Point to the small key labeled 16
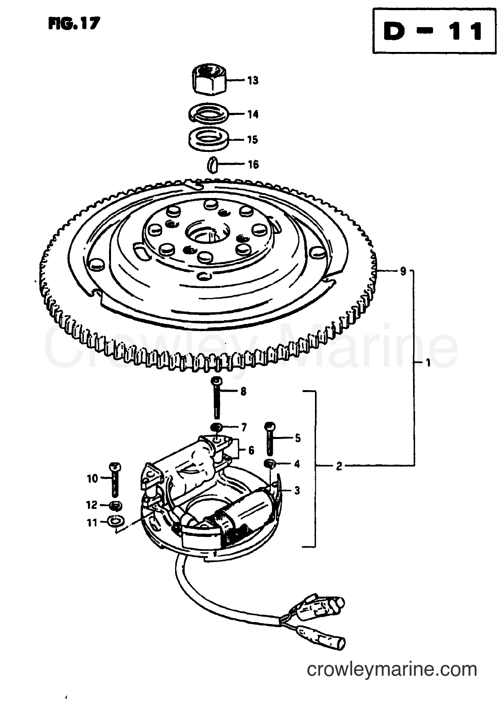(211, 164)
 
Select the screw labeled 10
(116, 479)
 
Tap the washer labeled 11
(116, 520)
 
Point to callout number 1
(428, 363)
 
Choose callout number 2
(339, 466)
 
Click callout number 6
(251, 450)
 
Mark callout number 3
(297, 490)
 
